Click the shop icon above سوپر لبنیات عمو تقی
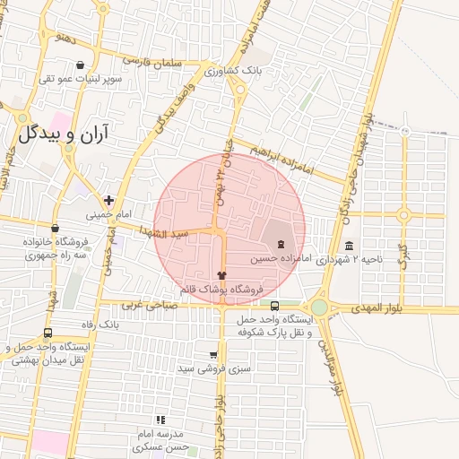pos(81,65)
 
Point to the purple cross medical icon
pos(108,199)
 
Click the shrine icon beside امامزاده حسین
pos(281,244)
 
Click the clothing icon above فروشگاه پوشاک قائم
pos(222,275)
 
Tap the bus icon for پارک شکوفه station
pos(274,305)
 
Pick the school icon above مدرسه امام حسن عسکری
pos(160,419)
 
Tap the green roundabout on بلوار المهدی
pos(319,307)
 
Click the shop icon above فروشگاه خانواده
pos(56,229)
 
